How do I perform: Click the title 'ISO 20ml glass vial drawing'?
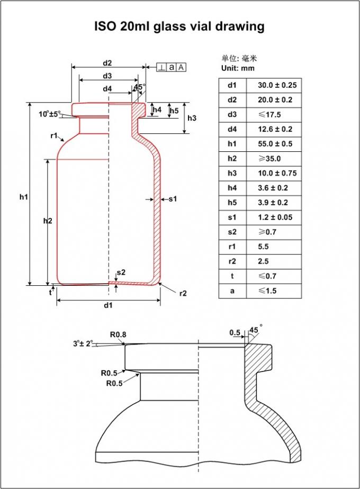(x=179, y=26)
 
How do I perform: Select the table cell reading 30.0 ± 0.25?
(x=277, y=85)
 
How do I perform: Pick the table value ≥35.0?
(x=269, y=159)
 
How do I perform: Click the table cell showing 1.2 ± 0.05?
(x=277, y=218)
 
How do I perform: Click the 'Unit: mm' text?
(x=238, y=68)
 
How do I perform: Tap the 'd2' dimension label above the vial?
(x=107, y=63)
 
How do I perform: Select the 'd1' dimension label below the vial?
(x=108, y=305)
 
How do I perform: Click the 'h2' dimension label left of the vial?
(x=48, y=221)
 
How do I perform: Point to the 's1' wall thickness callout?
(x=172, y=199)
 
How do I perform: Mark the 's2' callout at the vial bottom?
(x=121, y=272)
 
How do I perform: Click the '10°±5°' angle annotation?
(x=49, y=113)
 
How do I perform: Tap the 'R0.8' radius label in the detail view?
(x=118, y=334)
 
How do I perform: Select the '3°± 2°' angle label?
(x=83, y=343)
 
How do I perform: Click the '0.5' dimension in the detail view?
(x=235, y=332)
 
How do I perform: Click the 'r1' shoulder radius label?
(x=54, y=136)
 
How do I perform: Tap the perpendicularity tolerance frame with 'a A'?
(x=171, y=67)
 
